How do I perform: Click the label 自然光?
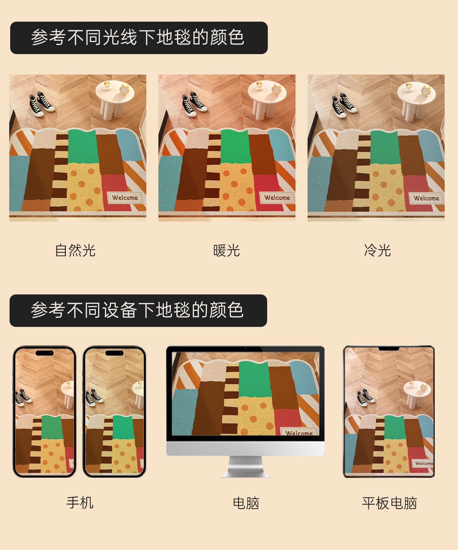pos(75,250)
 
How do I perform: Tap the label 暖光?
pos(226,250)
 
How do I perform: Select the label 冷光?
pos(378,250)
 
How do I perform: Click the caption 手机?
pos(80,503)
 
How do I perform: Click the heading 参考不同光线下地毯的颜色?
pos(138,38)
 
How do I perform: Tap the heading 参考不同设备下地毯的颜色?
pos(137,310)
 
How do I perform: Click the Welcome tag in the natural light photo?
pos(125,197)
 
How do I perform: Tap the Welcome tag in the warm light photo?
pos(277,197)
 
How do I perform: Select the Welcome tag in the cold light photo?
pos(427,198)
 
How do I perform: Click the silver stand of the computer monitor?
pos(246,467)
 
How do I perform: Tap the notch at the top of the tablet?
pos(389,349)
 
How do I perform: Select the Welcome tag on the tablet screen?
pos(424,463)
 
